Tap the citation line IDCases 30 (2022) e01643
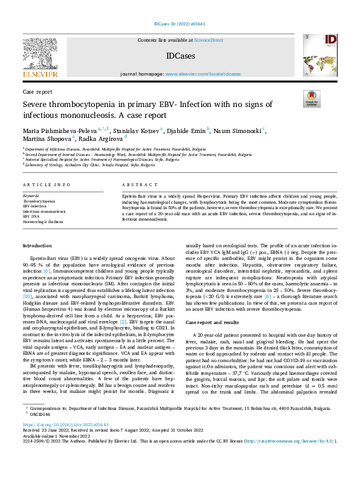click(180, 24)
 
